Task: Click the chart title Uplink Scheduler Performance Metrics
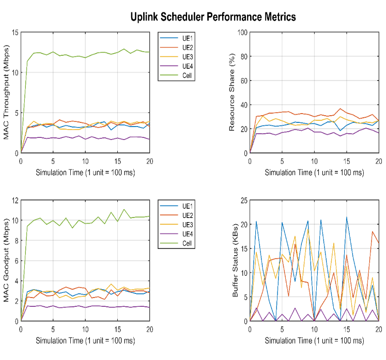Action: (212, 17)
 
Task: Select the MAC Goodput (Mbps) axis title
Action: (8, 260)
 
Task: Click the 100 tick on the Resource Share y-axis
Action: (241, 33)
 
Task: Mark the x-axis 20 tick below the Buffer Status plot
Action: (378, 329)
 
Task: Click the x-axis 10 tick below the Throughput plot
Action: (85, 161)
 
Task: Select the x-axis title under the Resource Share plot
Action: (314, 171)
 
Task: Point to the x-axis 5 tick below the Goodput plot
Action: (53, 329)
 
